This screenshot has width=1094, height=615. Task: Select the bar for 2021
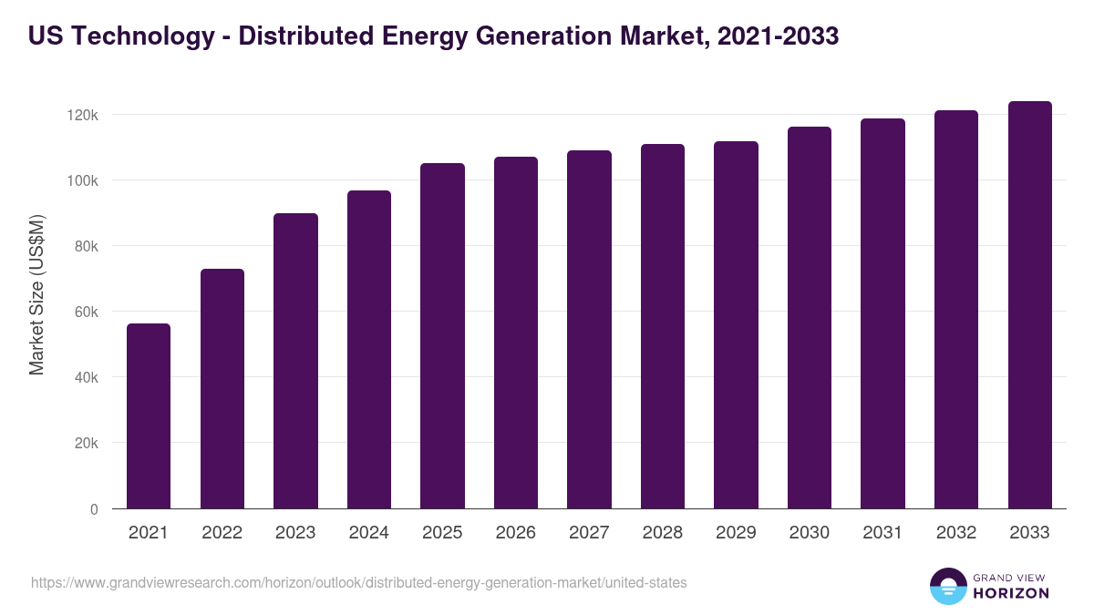pyautogui.click(x=149, y=416)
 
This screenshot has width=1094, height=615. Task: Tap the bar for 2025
pyautogui.click(x=442, y=336)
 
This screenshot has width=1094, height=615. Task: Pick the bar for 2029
pyautogui.click(x=736, y=325)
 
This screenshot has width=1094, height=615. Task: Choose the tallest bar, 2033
pyautogui.click(x=1029, y=305)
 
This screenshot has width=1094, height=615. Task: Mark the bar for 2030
pyautogui.click(x=810, y=318)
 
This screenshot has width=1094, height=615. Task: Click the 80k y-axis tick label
pyautogui.click(x=87, y=247)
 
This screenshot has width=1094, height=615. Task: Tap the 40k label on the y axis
pyautogui.click(x=87, y=378)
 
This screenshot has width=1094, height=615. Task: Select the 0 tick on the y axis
pyautogui.click(x=94, y=509)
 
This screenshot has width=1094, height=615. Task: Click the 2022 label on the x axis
pyautogui.click(x=222, y=533)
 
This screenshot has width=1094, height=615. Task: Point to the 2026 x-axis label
pyautogui.click(x=515, y=533)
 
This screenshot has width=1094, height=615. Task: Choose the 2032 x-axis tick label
pyautogui.click(x=955, y=533)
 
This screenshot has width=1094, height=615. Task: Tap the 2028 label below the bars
pyautogui.click(x=662, y=533)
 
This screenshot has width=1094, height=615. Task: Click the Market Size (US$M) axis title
pyautogui.click(x=36, y=294)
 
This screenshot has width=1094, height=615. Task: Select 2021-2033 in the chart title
pyautogui.click(x=778, y=36)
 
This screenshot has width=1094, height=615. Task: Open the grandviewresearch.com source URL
pyautogui.click(x=358, y=582)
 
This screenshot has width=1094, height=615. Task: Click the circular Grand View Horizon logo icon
pyautogui.click(x=947, y=586)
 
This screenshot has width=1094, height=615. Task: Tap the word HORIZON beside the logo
pyautogui.click(x=1011, y=593)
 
